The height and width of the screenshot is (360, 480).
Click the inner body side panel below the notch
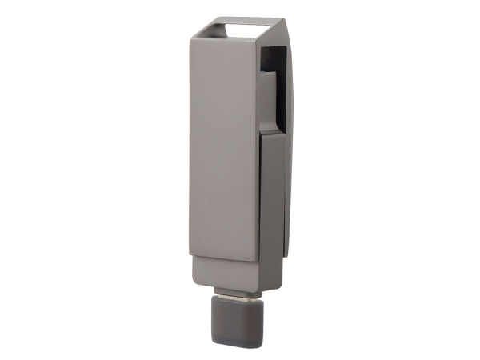pyautogui.click(x=273, y=192)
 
